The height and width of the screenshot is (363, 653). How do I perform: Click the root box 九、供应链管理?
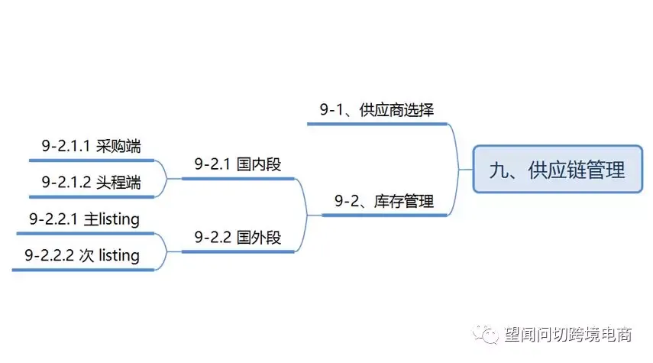pos(558,169)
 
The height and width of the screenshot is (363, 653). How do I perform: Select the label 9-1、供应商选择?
pos(377,109)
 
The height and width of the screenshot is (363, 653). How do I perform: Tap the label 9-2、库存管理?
pos(384,201)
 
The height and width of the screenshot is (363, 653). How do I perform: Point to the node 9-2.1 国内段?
pos(238,164)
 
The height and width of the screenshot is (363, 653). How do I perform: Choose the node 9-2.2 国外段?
pos(238,238)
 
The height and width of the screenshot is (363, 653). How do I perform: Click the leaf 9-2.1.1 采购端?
pos(91,146)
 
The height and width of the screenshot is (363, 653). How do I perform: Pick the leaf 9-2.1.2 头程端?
pos(91,183)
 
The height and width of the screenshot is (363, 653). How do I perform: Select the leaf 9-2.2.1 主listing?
pos(84,219)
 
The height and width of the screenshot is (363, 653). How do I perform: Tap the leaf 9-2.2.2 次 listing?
pos(82,255)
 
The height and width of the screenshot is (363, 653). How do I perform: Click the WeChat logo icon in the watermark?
pos(486,334)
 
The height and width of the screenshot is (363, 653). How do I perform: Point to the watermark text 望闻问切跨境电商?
pos(568,334)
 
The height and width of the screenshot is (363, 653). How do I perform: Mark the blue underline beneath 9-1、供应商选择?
pos(377,124)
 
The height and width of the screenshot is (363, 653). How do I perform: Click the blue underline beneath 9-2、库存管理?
pos(384,216)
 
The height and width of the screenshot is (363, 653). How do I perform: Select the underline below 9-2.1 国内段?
pos(238,179)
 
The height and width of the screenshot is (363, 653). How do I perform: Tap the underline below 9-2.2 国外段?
pos(238,251)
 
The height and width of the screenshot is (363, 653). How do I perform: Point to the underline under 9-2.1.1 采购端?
pos(92,160)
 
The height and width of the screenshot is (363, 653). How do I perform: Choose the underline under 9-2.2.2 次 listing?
pos(83,270)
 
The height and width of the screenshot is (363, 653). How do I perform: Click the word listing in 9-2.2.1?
pos(119,219)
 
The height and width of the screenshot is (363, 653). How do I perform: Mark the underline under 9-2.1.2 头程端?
pos(92,196)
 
